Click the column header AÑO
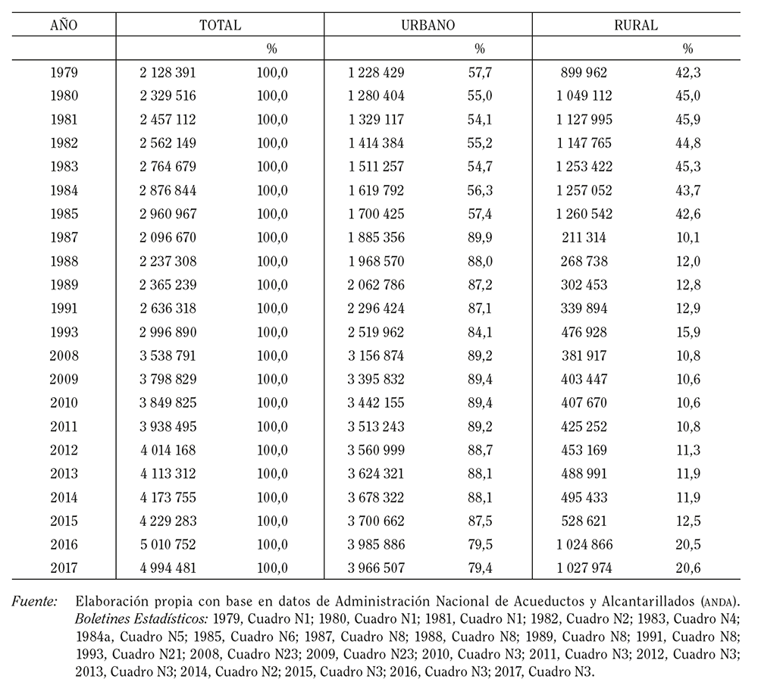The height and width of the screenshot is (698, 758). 64,25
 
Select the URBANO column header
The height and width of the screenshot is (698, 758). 428,25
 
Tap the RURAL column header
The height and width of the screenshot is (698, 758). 636,25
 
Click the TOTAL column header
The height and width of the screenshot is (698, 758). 220,25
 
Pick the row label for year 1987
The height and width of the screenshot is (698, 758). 64,237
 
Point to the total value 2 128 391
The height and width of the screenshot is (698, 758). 168,73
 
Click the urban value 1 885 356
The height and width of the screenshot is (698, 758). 376,237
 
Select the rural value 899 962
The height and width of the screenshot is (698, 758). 584,73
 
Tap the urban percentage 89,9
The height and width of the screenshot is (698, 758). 480,237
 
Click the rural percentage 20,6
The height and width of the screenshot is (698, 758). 688,568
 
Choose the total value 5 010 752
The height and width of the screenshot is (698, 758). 168,544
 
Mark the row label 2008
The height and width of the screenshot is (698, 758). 64,355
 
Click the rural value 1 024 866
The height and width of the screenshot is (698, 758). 584,544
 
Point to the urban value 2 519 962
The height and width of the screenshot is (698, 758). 376,332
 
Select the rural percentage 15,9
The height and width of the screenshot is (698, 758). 688,332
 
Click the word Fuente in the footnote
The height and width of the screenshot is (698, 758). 34,602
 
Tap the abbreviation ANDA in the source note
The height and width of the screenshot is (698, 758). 718,603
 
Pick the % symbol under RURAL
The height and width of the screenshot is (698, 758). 688,49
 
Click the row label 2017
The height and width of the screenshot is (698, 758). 64,568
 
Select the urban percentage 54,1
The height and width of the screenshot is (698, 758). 480,120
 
